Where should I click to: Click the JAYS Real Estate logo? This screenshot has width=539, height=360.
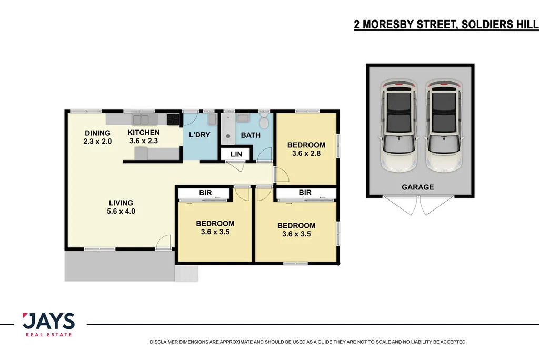tap(48, 324)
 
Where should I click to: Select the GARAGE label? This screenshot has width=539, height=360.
tap(417, 187)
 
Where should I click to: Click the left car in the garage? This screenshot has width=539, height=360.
tap(398, 126)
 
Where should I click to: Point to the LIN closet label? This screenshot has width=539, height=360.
tap(236, 153)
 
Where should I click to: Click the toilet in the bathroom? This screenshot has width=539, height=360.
tap(264, 122)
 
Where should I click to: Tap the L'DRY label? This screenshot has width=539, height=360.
tap(199, 135)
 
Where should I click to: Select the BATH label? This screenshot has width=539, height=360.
tap(251, 135)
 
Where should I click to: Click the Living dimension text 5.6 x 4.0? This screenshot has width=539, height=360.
tap(121, 212)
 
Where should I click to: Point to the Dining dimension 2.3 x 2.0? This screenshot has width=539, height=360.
tap(97, 141)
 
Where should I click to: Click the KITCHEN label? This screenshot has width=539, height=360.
tap(143, 133)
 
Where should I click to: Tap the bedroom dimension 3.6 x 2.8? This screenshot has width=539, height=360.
tap(306, 154)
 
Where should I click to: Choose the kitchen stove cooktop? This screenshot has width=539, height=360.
tap(173, 119)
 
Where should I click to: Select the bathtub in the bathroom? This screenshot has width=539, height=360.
tap(228, 128)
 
